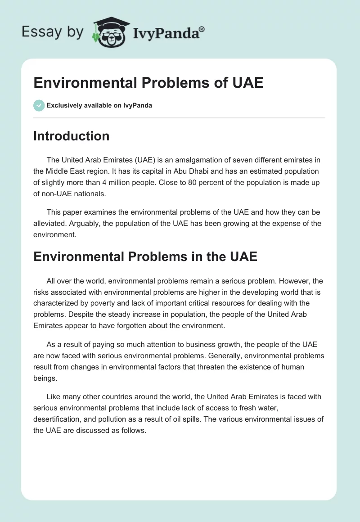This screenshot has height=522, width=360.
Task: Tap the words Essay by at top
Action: [53, 32]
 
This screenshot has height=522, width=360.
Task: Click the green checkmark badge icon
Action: [39, 105]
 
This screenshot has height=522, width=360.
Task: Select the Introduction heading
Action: [71, 136]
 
